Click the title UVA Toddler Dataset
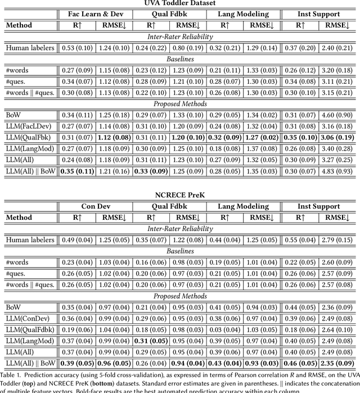[180, 3]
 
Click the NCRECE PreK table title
[180, 195]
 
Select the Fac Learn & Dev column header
[95, 14]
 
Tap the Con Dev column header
[95, 206]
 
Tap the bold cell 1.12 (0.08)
[114, 137]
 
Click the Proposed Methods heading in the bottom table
[180, 296]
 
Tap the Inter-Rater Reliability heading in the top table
[180, 37]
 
